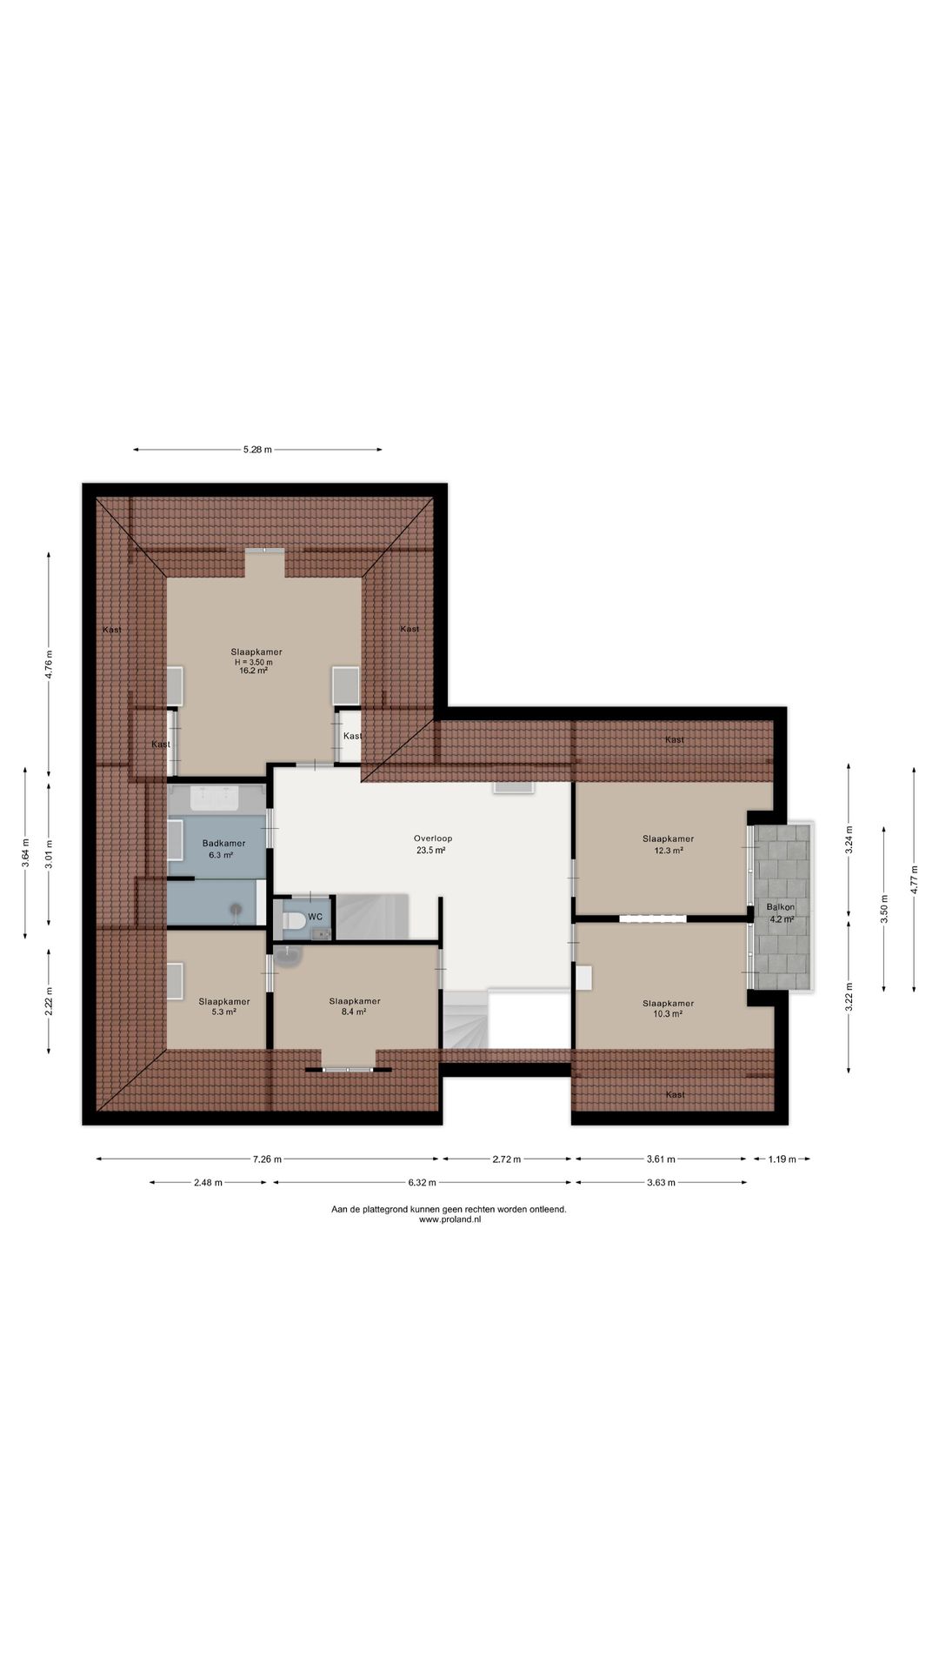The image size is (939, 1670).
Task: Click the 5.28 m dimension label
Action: point(257,450)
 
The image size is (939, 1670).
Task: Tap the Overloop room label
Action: point(433,839)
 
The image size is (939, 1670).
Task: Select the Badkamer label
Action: point(223,844)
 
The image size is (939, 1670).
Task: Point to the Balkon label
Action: point(781,907)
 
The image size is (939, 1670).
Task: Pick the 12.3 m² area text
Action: point(669,851)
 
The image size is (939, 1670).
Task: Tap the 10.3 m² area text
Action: point(668,1014)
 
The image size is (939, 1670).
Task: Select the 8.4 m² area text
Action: point(354,1012)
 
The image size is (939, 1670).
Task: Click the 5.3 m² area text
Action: point(223,1012)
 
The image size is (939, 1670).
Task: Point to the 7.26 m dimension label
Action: point(267,1159)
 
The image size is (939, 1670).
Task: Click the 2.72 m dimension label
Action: point(507,1159)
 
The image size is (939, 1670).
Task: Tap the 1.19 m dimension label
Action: point(782,1159)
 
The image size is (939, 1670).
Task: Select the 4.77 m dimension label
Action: point(914,879)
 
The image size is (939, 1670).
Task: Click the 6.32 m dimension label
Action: point(421,1183)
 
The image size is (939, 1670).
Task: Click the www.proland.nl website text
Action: point(450,1219)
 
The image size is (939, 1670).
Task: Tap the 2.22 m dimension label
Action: point(50,1001)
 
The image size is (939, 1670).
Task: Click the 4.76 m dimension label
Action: point(50,665)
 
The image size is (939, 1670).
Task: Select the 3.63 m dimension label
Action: point(661,1183)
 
